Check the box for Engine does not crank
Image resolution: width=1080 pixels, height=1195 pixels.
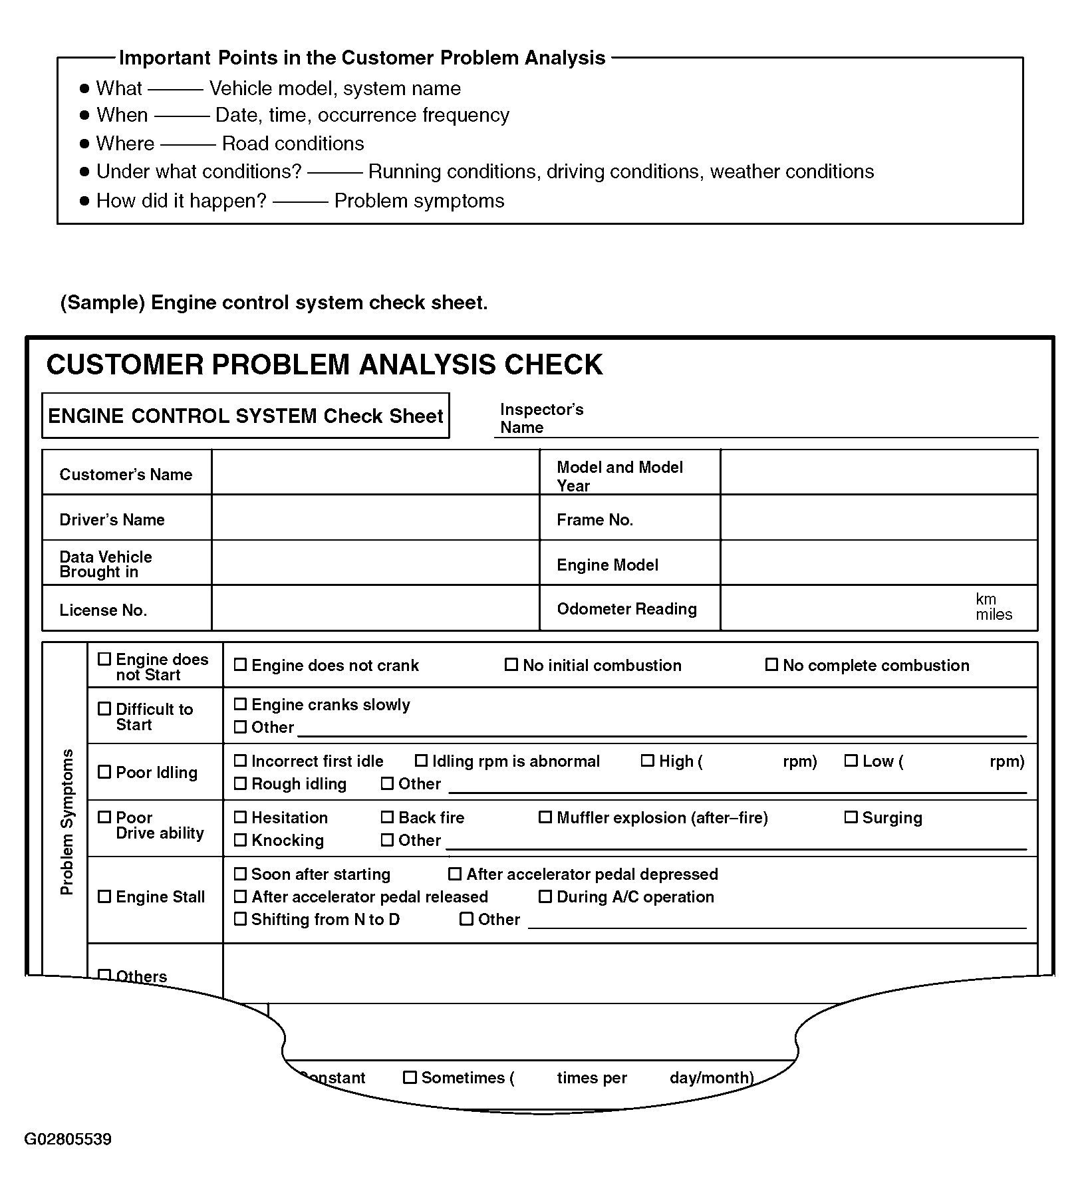coord(240,664)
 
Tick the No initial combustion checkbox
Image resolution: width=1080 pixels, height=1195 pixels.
coord(511,664)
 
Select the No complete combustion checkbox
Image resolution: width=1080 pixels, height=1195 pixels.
coord(771,664)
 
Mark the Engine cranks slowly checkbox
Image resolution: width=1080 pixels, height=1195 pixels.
coord(240,704)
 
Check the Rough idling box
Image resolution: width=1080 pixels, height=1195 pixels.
coord(240,783)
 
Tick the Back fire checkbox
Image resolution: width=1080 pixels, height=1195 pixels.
coord(387,817)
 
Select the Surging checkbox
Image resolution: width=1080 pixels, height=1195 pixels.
coord(851,817)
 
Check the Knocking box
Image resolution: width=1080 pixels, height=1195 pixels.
coord(240,840)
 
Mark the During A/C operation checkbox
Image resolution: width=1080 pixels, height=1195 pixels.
coord(545,896)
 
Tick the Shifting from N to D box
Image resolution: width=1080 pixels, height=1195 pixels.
coord(240,919)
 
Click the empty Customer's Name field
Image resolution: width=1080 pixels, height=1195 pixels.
coord(375,472)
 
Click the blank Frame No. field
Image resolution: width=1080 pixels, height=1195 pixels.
coord(878,517)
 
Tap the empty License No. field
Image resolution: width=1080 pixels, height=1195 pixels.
coord(375,608)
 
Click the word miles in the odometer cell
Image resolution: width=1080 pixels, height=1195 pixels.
coord(994,615)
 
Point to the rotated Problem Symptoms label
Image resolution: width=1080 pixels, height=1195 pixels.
coord(67,821)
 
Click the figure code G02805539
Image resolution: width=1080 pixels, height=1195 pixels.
coord(68,1139)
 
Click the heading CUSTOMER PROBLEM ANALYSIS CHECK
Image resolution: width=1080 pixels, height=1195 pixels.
coord(324,365)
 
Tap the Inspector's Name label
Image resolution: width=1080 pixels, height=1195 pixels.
coord(541,418)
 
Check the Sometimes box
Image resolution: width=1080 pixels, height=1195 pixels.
coord(410,1077)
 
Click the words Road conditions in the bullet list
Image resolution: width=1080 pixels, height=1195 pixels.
coord(293,144)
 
